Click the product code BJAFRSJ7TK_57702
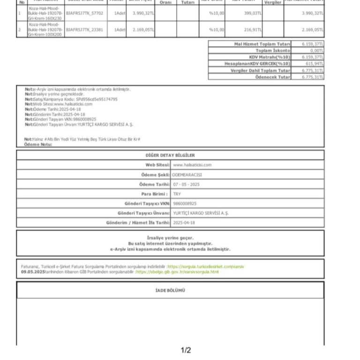84,13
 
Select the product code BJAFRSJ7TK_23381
84,29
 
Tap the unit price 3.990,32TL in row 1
143,13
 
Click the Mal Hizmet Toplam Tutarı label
262,44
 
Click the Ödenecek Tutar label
272,76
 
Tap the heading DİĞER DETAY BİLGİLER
170,155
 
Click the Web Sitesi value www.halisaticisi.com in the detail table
192,165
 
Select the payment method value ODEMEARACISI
187,174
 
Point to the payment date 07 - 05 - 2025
186,184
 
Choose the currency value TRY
177,194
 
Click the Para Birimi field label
155,194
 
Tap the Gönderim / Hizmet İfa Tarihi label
138,223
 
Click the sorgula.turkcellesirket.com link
206,266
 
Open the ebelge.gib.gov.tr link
177,272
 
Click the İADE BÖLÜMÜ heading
170,291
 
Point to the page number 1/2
186,350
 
